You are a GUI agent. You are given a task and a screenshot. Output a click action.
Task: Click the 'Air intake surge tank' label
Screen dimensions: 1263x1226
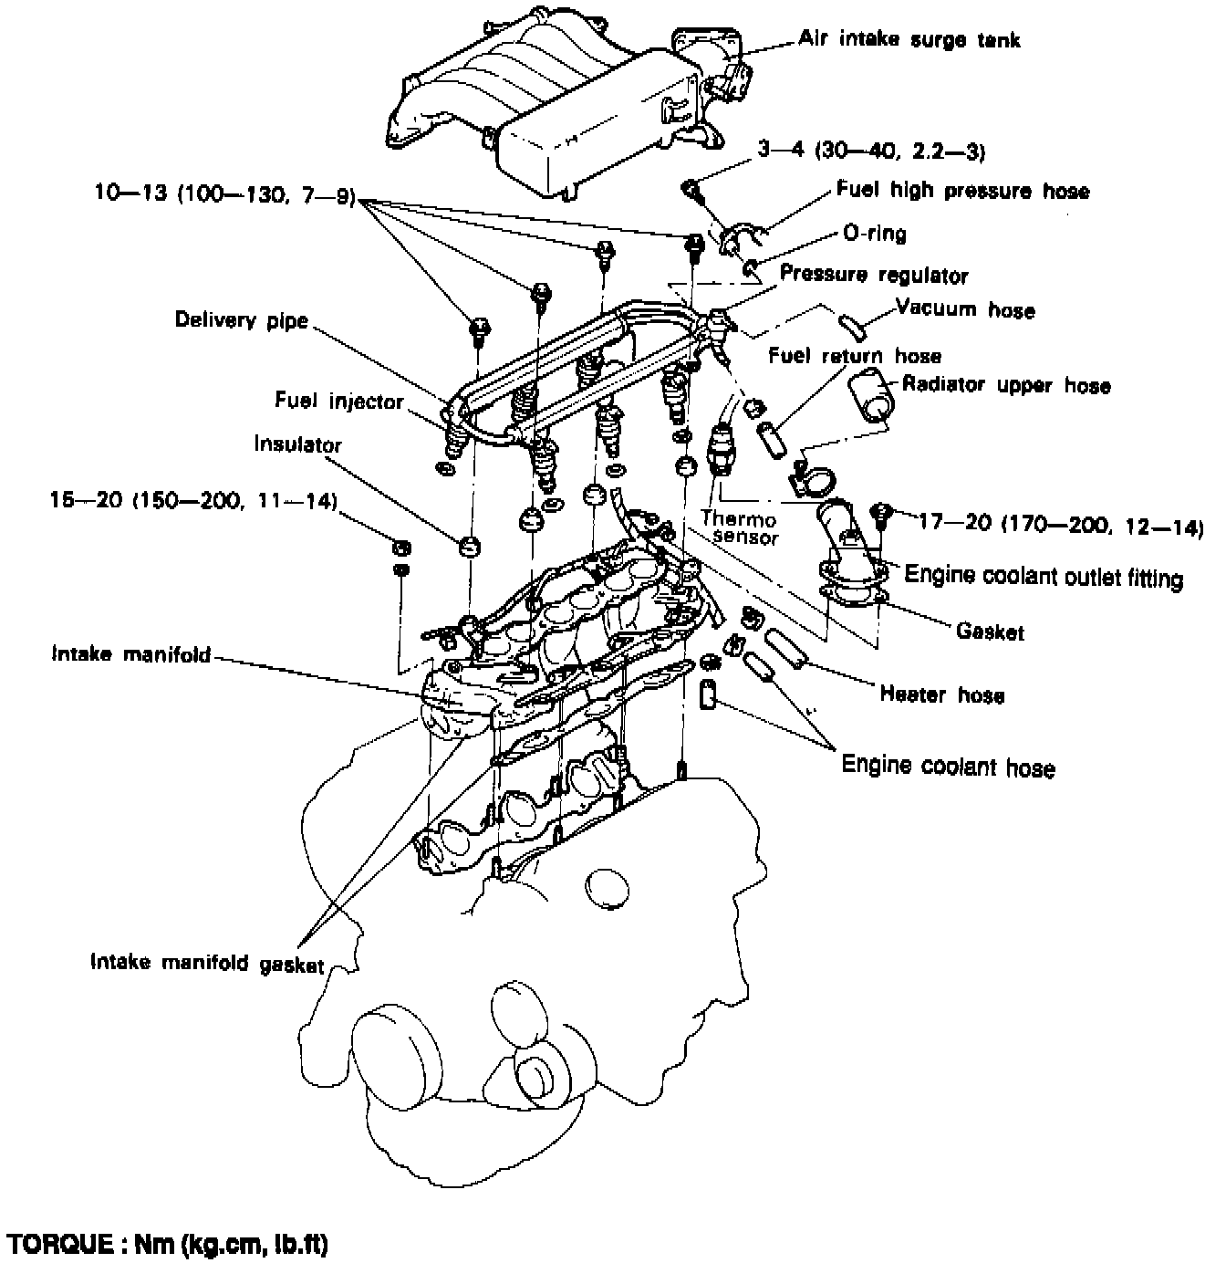click(909, 39)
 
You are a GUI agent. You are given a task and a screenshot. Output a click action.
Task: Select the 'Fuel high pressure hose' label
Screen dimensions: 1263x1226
click(962, 191)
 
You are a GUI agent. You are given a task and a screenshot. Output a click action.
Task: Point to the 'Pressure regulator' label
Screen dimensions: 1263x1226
click(874, 275)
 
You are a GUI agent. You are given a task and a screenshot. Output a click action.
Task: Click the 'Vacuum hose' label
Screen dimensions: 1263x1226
click(965, 309)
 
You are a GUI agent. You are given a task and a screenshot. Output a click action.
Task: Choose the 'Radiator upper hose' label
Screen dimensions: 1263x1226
click(1006, 385)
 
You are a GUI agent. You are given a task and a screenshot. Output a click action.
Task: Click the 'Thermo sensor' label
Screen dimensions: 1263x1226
click(739, 528)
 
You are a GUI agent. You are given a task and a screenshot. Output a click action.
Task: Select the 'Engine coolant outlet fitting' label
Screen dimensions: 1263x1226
click(1044, 577)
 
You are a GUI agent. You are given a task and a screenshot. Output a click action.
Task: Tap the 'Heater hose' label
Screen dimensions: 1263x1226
click(942, 695)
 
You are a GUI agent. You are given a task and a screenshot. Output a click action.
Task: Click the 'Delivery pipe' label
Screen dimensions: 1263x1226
click(242, 320)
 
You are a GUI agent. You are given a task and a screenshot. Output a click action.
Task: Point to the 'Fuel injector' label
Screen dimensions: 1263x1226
click(338, 401)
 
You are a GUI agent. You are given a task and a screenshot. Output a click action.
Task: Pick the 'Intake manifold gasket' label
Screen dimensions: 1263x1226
click(207, 964)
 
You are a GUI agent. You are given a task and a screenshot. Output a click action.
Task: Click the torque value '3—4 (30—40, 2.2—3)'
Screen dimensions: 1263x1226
click(871, 151)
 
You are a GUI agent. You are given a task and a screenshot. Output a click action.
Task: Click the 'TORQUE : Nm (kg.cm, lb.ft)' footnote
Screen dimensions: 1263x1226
click(167, 1244)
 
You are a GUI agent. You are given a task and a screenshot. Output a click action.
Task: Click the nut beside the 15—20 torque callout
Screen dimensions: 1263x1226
click(400, 548)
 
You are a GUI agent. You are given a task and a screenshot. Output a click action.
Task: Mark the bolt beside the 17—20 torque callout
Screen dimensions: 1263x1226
click(881, 515)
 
